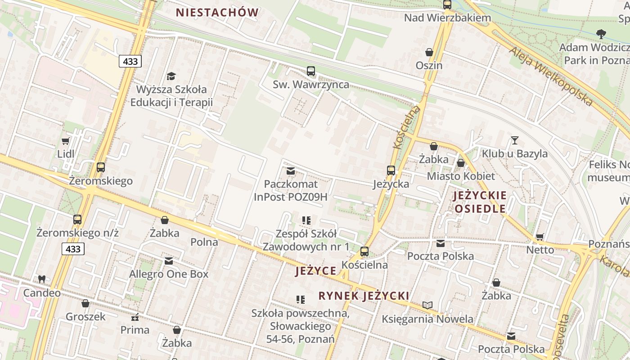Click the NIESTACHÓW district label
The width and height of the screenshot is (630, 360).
pyautogui.click(x=217, y=13)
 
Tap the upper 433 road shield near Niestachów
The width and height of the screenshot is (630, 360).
pyautogui.click(x=130, y=61)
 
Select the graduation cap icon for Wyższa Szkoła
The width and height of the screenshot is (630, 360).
pyautogui.click(x=171, y=76)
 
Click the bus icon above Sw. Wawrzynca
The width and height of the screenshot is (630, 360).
pyautogui.click(x=310, y=71)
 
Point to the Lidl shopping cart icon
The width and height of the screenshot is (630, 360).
pyautogui.click(x=65, y=141)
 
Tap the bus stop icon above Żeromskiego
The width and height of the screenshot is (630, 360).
pyautogui.click(x=101, y=167)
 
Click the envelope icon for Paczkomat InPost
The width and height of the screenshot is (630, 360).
pyautogui.click(x=291, y=171)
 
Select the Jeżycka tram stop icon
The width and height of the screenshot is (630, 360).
pyautogui.click(x=391, y=171)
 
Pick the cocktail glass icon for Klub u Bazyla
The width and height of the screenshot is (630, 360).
pyautogui.click(x=515, y=140)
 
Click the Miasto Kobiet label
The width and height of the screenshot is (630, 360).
pyautogui.click(x=461, y=176)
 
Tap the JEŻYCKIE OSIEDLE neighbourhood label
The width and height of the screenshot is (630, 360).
pyautogui.click(x=480, y=202)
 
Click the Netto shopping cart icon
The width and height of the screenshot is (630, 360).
pyautogui.click(x=540, y=237)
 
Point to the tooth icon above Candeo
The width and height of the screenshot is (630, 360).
pyautogui.click(x=42, y=279)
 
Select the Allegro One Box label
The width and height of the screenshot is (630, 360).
pyautogui.click(x=169, y=274)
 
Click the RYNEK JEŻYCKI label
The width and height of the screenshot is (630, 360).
pyautogui.click(x=364, y=296)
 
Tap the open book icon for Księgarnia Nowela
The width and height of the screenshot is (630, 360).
pyautogui.click(x=427, y=306)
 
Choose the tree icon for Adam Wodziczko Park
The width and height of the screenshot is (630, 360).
pyautogui.click(x=601, y=34)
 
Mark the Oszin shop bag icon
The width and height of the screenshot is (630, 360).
pyautogui.click(x=429, y=52)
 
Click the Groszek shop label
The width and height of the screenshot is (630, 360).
pyautogui.click(x=85, y=316)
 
